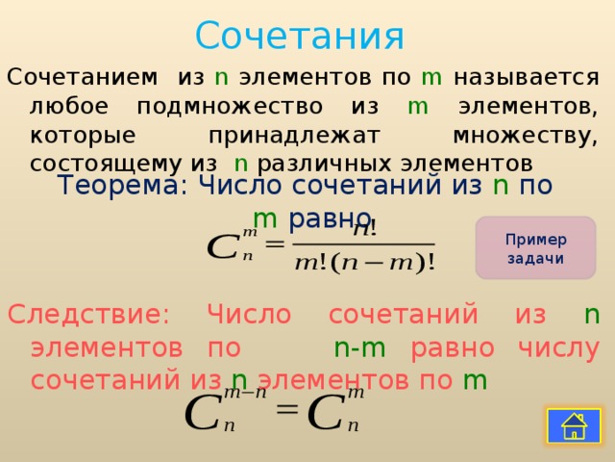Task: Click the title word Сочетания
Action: pos(299,37)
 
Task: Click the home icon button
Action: pos(574,424)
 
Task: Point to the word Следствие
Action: pos(88,315)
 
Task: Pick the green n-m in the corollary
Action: pos(359,347)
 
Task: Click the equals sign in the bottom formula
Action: pos(286,409)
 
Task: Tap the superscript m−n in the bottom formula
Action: pos(244,393)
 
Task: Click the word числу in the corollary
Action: pos(560,347)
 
